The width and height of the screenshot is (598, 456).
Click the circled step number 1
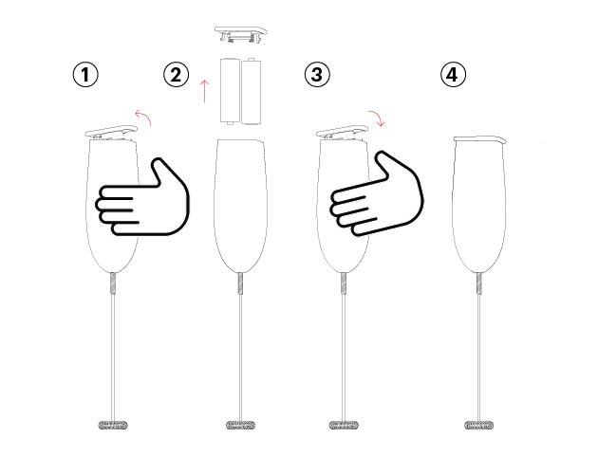85,74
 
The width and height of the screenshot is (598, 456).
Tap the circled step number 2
177,74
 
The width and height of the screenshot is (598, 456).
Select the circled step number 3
317,74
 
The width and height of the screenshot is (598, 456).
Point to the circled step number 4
453,74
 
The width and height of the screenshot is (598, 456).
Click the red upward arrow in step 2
205,91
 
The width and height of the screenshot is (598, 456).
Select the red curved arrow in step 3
378,117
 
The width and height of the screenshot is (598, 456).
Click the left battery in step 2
230,91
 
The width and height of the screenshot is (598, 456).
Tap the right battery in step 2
251,91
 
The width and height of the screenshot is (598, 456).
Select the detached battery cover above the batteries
241,34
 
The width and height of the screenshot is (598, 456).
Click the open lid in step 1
111,132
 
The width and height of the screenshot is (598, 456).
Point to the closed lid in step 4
480,139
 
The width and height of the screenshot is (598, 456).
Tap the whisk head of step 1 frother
113,425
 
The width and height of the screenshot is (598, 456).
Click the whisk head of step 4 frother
479,425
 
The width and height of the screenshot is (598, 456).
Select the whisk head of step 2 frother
240,425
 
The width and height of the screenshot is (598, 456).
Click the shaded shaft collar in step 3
344,283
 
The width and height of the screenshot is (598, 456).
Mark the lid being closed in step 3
342,132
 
